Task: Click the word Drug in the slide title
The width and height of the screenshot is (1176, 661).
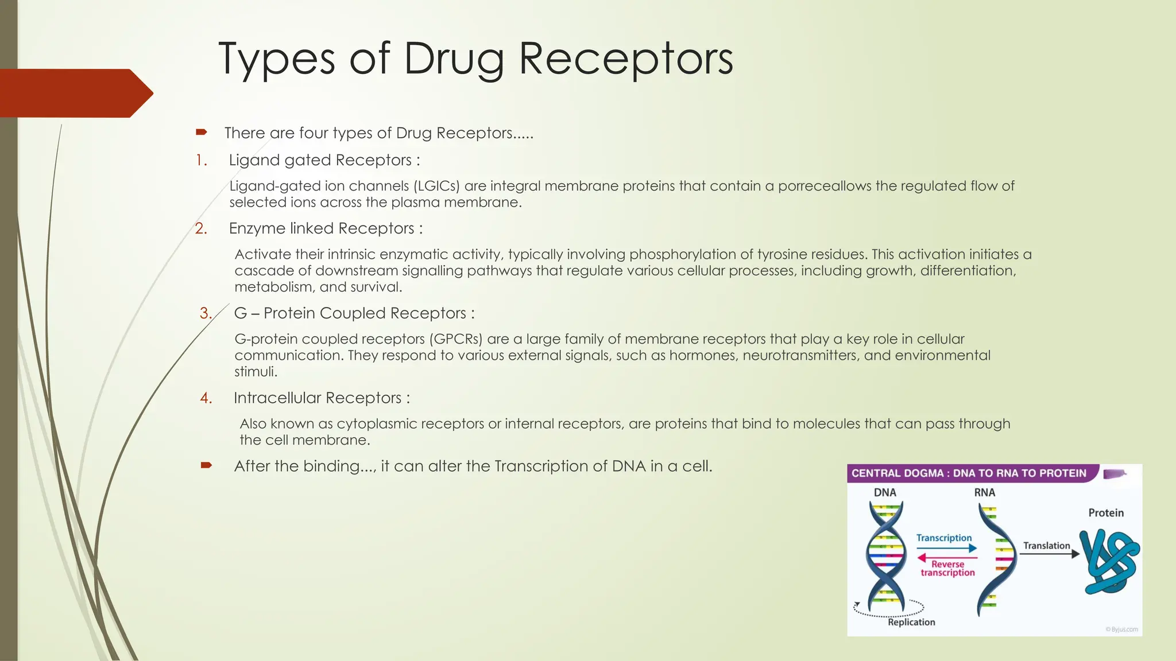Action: [x=454, y=59]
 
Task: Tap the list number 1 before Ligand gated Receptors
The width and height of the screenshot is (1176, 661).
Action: [x=201, y=160]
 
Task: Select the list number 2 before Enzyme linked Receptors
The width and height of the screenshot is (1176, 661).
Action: [x=201, y=228]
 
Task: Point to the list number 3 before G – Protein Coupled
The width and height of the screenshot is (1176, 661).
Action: [x=206, y=313]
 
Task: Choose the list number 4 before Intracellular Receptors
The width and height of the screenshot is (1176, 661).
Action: [x=206, y=398]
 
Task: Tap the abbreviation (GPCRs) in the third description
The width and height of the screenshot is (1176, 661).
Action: [x=455, y=339]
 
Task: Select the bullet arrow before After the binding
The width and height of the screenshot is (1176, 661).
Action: [x=206, y=465]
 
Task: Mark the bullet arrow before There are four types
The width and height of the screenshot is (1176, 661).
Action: [x=201, y=133]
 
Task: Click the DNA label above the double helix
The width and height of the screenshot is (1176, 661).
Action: [x=885, y=492]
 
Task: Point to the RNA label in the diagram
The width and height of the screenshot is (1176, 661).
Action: [x=984, y=492]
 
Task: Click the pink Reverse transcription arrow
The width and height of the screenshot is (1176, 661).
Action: [x=947, y=557]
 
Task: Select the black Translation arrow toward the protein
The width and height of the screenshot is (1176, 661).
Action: [x=1049, y=554]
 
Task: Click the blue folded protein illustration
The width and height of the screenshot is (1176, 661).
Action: [x=1109, y=562]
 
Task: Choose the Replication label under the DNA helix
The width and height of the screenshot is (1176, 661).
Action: [x=911, y=622]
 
